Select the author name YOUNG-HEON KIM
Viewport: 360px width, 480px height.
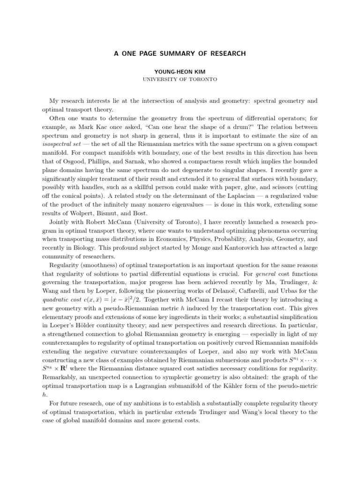pyautogui.click(x=180, y=72)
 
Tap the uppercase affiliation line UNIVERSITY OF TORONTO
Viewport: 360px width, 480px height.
pyautogui.click(x=180, y=80)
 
